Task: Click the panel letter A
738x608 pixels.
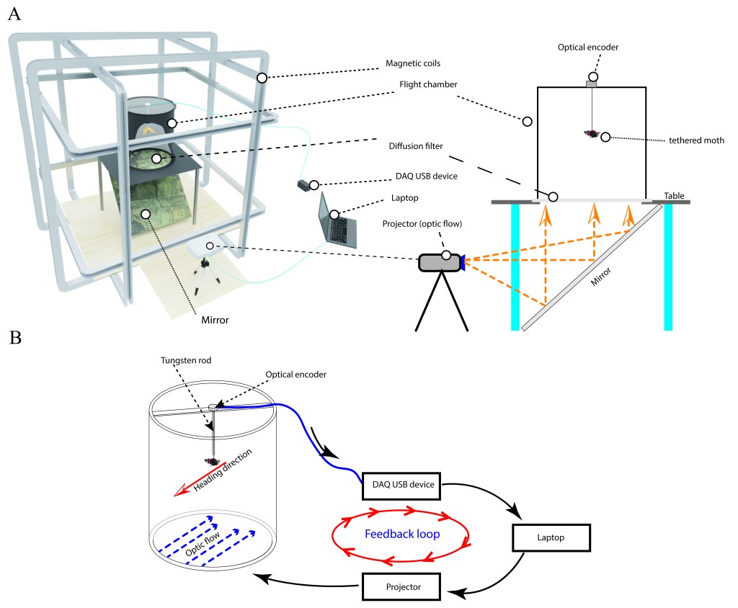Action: click(14, 15)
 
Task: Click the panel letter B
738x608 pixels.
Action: click(14, 337)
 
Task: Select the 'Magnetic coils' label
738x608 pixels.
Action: click(410, 64)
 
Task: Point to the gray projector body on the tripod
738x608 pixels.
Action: click(439, 263)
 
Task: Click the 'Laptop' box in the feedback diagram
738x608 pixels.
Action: click(551, 537)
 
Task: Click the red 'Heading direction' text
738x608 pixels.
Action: click(222, 473)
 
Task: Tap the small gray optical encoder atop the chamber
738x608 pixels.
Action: click(592, 84)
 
